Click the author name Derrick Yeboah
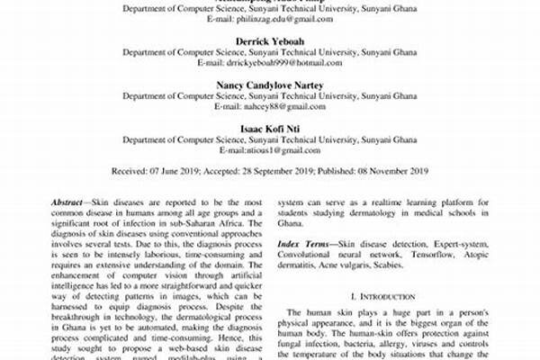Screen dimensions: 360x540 click(x=270, y=42)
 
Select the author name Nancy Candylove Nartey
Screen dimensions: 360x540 click(x=270, y=84)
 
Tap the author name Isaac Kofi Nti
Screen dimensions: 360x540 click(x=270, y=127)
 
